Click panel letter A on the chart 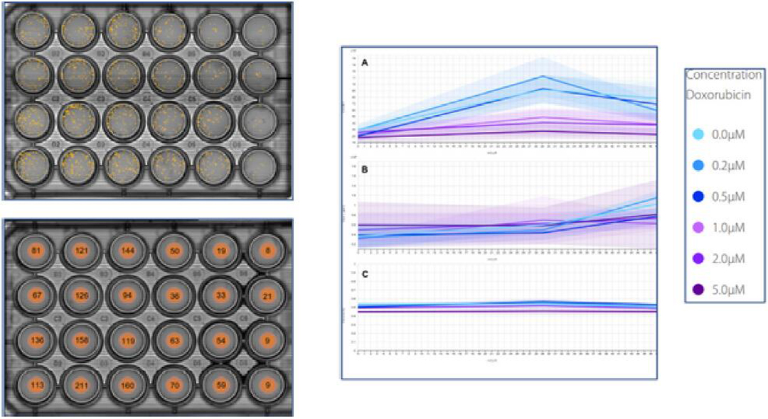point(365,62)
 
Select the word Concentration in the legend point(725,75)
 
